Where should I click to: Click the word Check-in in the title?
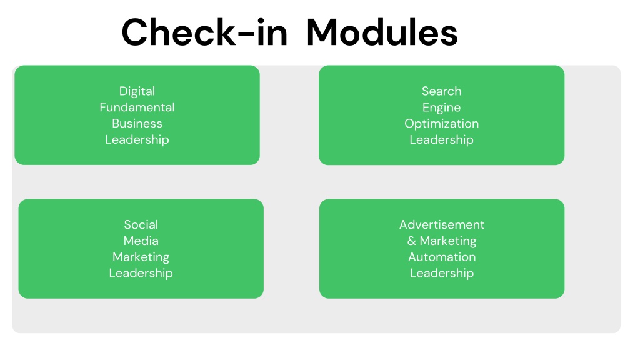[x=204, y=32]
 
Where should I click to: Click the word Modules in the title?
[x=382, y=32]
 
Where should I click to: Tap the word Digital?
[x=137, y=91]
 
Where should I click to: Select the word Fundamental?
[x=137, y=107]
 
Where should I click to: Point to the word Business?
[x=137, y=123]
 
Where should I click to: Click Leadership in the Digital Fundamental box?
[x=137, y=139]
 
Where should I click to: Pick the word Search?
[x=442, y=91]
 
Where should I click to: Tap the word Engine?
[x=442, y=107]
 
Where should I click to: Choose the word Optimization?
[x=442, y=124]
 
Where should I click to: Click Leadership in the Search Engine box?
[x=442, y=139]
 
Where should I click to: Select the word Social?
[x=141, y=224]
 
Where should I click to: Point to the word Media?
[x=141, y=241]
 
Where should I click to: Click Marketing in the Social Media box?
[x=141, y=257]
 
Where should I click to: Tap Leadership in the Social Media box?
[x=141, y=273]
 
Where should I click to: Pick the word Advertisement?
[x=442, y=224]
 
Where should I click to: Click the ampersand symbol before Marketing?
[x=411, y=241]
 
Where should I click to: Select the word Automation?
[x=442, y=257]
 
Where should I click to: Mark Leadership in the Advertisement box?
[x=442, y=273]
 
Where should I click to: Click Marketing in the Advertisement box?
[x=448, y=241]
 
